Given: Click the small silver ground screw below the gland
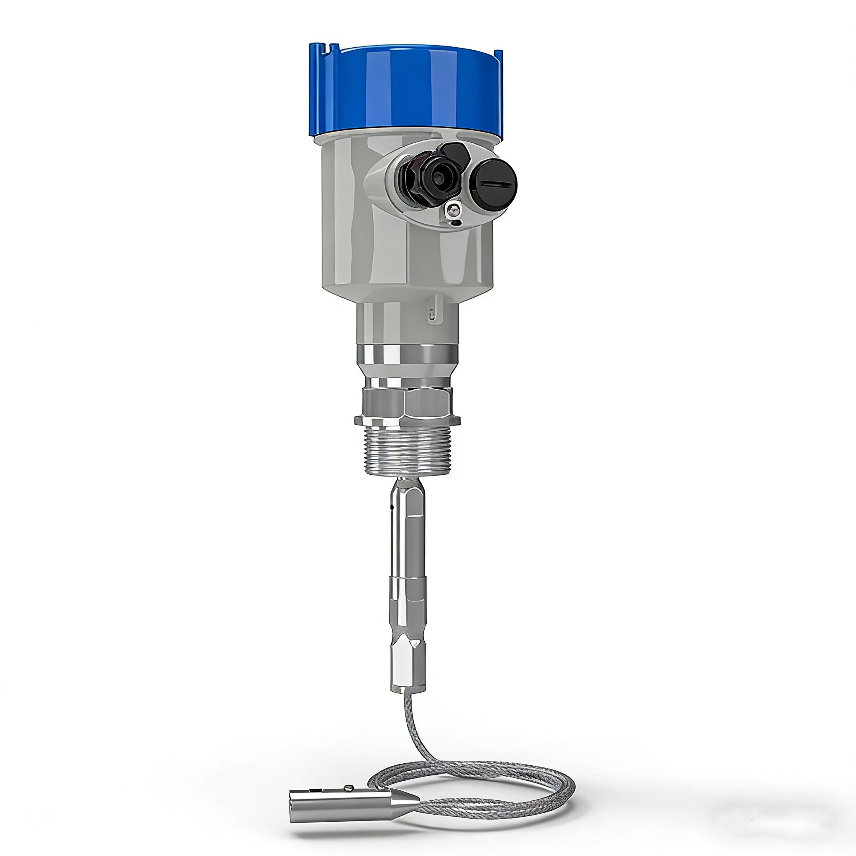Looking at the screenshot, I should pos(452,212).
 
